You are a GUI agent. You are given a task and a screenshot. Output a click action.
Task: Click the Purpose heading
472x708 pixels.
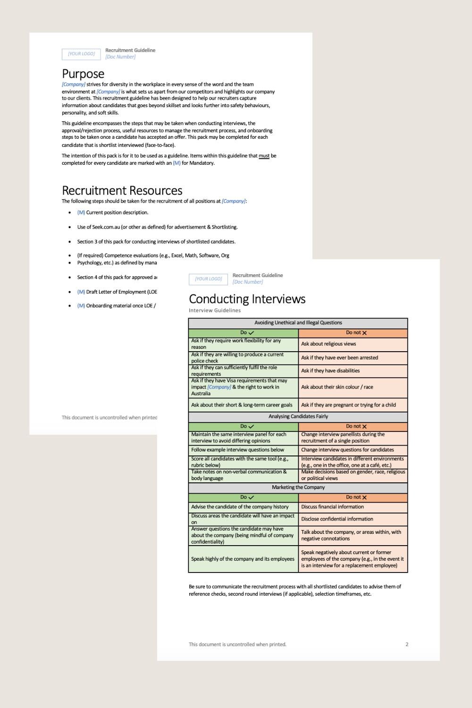point(83,74)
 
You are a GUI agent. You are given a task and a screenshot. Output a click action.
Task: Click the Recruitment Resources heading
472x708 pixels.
point(122,191)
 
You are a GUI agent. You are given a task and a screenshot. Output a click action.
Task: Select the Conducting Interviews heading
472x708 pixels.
point(247,299)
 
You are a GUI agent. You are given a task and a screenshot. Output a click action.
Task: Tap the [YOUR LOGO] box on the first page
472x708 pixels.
point(81,54)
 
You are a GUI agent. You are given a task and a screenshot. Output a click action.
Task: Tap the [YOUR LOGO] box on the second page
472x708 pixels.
point(208,279)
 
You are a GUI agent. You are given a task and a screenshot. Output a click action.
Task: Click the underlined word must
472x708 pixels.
point(264,156)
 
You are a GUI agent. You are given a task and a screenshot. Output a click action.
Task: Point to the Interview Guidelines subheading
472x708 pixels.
point(215,311)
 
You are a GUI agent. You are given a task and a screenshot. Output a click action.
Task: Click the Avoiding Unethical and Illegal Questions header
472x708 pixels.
point(298,323)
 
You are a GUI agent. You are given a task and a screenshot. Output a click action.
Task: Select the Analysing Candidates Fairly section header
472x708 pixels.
point(298,416)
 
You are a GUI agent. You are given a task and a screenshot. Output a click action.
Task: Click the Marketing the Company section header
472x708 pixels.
point(298,487)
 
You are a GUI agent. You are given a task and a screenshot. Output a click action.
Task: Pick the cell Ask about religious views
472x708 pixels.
point(329,344)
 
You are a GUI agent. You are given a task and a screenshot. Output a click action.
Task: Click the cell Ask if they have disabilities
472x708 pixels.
point(330,371)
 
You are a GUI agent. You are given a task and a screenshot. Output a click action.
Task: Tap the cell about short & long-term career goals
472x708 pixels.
point(242,405)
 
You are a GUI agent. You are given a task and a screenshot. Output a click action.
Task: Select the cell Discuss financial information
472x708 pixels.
point(332,507)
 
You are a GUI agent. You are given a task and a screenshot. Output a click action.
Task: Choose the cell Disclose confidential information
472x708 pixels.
point(337,519)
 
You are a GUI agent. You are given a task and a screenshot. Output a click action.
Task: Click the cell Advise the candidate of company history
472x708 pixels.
point(239,507)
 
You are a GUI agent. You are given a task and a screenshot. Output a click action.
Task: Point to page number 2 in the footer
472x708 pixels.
point(407,644)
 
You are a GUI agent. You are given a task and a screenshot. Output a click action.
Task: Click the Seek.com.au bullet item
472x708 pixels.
point(157,227)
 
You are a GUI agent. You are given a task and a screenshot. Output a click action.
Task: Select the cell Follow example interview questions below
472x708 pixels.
point(237,450)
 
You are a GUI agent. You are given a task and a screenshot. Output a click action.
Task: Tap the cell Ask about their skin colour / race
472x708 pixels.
point(337,387)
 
